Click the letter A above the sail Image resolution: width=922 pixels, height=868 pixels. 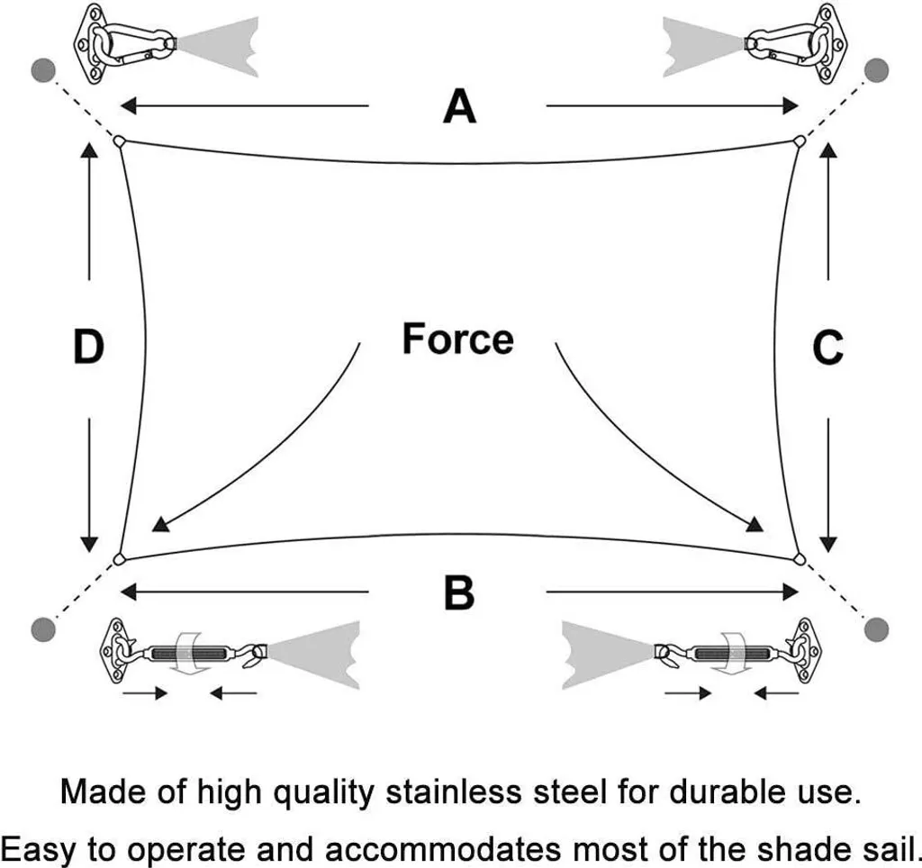click(x=459, y=107)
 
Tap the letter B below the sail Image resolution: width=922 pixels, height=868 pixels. click(x=459, y=593)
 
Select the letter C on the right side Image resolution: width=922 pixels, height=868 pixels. click(x=827, y=348)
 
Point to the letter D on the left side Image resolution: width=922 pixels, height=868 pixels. click(x=88, y=348)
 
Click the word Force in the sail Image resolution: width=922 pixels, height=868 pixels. click(x=457, y=339)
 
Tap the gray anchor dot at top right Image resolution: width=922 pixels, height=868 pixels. click(x=876, y=70)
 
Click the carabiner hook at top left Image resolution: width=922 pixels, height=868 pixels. click(x=135, y=41)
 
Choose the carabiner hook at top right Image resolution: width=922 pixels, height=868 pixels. click(x=783, y=41)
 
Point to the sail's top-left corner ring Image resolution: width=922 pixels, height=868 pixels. click(x=118, y=140)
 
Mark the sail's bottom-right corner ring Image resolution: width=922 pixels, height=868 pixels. click(x=799, y=559)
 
